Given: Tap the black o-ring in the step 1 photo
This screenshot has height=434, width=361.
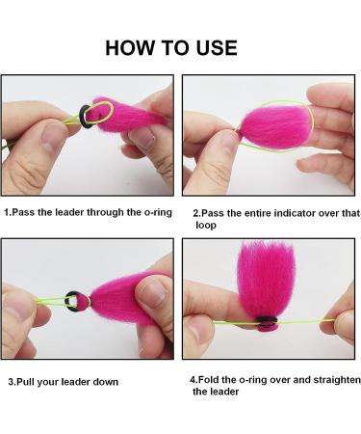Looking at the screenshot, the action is pos(85,117).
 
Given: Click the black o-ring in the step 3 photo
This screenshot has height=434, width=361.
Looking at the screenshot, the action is pos(72,302).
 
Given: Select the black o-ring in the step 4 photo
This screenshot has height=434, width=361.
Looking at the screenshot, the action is pos(268,320).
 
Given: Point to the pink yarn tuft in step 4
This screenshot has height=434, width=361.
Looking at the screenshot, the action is pos(266,283).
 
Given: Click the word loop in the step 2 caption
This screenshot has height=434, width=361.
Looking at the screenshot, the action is pos(206,225).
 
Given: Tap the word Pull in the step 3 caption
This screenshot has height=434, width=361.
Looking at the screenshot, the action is pos(25,382).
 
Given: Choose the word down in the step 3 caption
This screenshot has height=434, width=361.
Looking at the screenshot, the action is pos(106,382).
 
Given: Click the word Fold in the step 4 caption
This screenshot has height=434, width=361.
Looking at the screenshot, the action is pos(208,380).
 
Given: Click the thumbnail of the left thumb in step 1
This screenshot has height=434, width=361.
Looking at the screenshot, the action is pos(53,137).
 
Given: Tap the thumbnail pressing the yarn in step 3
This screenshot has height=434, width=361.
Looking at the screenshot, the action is pos(151,293).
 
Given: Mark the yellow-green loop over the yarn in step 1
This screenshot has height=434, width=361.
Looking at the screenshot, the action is pos(102,113).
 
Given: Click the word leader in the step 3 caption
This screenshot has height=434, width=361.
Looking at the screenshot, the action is pos(76,382).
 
